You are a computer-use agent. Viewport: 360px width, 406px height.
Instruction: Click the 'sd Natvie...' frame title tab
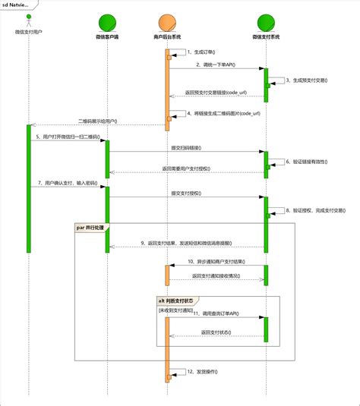click(17, 5)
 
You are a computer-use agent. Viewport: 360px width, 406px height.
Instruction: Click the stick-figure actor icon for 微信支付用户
click(28, 21)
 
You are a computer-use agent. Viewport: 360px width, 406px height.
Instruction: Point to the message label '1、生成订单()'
click(202, 53)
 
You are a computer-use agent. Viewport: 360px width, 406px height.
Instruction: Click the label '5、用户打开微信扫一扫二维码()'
click(67, 136)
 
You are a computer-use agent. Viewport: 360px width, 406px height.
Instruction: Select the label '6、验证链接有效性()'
click(308, 161)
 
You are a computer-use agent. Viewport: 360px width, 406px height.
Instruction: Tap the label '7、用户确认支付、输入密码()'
click(66, 184)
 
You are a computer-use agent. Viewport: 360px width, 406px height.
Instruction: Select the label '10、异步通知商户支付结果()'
click(216, 261)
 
